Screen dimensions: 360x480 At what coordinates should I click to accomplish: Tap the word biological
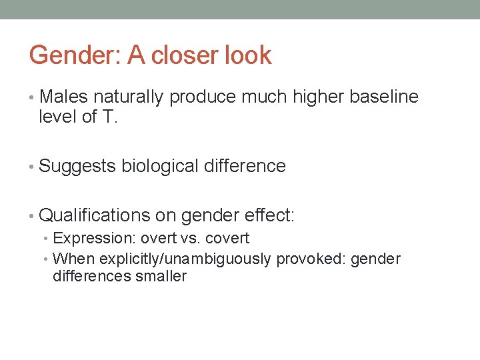pyautogui.click(x=160, y=166)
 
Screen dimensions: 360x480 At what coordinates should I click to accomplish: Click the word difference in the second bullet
pyautogui.click(x=245, y=166)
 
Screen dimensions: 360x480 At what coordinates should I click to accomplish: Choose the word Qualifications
pyautogui.click(x=95, y=215)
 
